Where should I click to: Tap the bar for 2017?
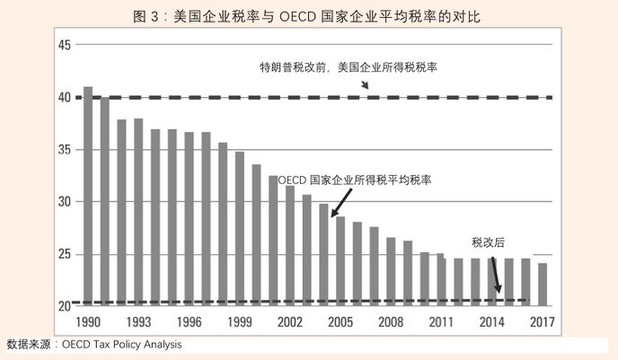point(543,284)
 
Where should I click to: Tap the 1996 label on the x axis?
point(189,322)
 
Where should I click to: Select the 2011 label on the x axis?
point(441,322)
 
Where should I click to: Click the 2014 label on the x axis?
point(491,322)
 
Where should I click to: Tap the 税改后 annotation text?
point(489,242)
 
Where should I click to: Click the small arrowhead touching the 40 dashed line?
point(366,85)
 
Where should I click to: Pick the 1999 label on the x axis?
point(239,322)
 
